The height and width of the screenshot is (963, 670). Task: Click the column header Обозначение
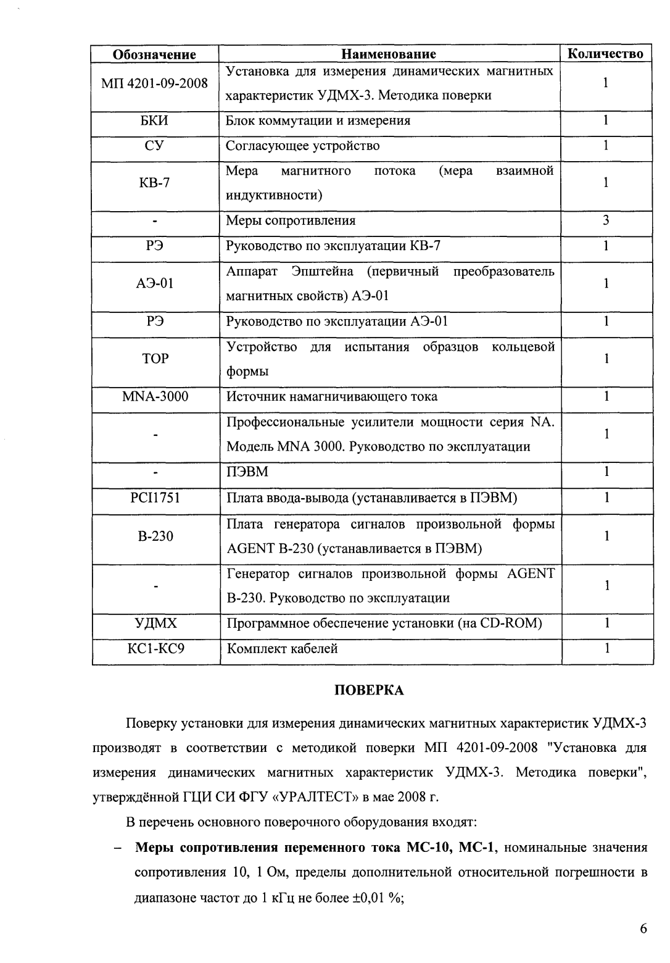154,54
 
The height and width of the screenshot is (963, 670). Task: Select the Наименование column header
389,54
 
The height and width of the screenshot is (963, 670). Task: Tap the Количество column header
606,54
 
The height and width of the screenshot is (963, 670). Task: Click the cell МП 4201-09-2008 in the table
154,83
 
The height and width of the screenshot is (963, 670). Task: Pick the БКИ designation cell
154,121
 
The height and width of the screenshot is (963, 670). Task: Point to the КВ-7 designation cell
154,183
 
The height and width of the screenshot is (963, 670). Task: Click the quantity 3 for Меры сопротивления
606,220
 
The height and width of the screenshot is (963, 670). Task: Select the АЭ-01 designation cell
154,284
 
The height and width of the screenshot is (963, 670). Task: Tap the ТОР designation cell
154,359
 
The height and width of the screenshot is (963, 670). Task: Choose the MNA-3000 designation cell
154,396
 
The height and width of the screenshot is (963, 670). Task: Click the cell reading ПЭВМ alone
247,472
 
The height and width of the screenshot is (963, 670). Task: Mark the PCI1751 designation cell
154,498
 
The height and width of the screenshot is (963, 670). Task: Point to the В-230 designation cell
154,536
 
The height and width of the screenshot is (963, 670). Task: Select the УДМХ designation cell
154,623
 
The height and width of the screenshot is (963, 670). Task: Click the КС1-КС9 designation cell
154,649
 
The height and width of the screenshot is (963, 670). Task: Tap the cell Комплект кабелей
283,649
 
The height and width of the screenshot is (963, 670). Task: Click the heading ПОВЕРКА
369,690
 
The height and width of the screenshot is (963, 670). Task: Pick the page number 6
643,930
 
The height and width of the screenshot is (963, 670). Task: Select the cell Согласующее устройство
303,146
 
